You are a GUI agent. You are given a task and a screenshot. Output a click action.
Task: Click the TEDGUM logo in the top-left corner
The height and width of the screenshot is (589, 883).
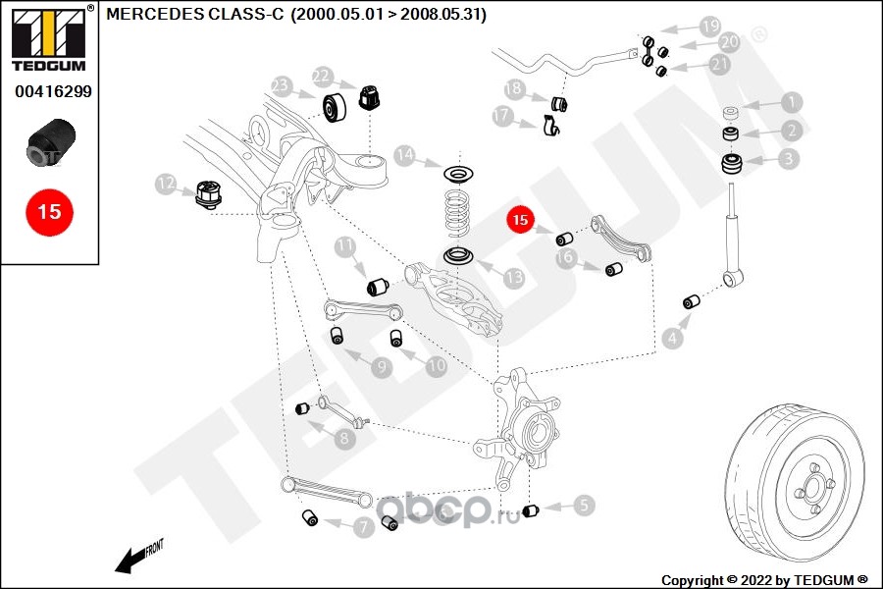pyautogui.click(x=49, y=38)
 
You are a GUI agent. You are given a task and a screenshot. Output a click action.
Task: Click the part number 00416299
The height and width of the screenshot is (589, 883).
pyautogui.click(x=53, y=91)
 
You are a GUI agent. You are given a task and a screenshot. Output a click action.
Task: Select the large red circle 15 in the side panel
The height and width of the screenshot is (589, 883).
pyautogui.click(x=50, y=212)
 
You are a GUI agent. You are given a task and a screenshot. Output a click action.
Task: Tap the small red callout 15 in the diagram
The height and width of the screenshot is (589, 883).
pyautogui.click(x=520, y=219)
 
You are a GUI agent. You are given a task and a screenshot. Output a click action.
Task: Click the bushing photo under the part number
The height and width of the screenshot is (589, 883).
pyautogui.click(x=51, y=142)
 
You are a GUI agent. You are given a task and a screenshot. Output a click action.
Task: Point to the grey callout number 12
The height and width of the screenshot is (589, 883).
pyautogui.click(x=166, y=184)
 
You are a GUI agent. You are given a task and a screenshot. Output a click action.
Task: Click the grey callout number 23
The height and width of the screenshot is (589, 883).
pyautogui.click(x=280, y=86)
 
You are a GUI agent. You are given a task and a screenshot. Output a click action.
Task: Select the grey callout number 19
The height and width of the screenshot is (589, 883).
pyautogui.click(x=710, y=26)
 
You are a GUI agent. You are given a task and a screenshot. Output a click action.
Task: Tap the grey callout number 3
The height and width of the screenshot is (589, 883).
pyautogui.click(x=788, y=158)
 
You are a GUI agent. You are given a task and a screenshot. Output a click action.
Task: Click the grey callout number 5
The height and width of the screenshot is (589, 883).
pyautogui.click(x=584, y=505)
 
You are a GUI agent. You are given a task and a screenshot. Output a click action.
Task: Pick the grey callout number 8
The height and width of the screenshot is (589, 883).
pyautogui.click(x=344, y=438)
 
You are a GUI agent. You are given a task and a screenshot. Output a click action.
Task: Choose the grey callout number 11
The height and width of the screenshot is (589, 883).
pyautogui.click(x=344, y=246)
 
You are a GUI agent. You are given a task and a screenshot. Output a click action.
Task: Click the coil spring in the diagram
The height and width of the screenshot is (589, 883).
pyautogui.click(x=457, y=211)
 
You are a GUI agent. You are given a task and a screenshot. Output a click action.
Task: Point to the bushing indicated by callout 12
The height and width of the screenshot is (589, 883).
pyautogui.click(x=207, y=194)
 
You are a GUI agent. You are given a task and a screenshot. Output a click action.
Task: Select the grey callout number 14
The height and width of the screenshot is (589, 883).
pyautogui.click(x=404, y=155)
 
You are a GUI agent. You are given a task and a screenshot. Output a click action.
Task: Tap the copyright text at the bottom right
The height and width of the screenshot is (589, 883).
pyautogui.click(x=764, y=580)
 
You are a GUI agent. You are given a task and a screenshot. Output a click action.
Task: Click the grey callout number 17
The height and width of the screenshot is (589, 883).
pyautogui.click(x=501, y=116)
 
